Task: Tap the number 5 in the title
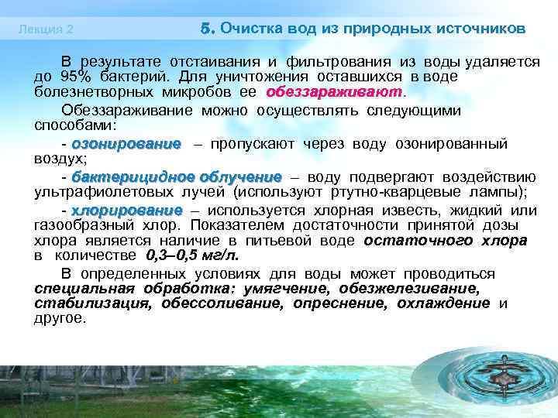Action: click(205, 28)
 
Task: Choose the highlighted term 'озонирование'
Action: click(126, 143)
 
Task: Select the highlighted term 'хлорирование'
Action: click(126, 211)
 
